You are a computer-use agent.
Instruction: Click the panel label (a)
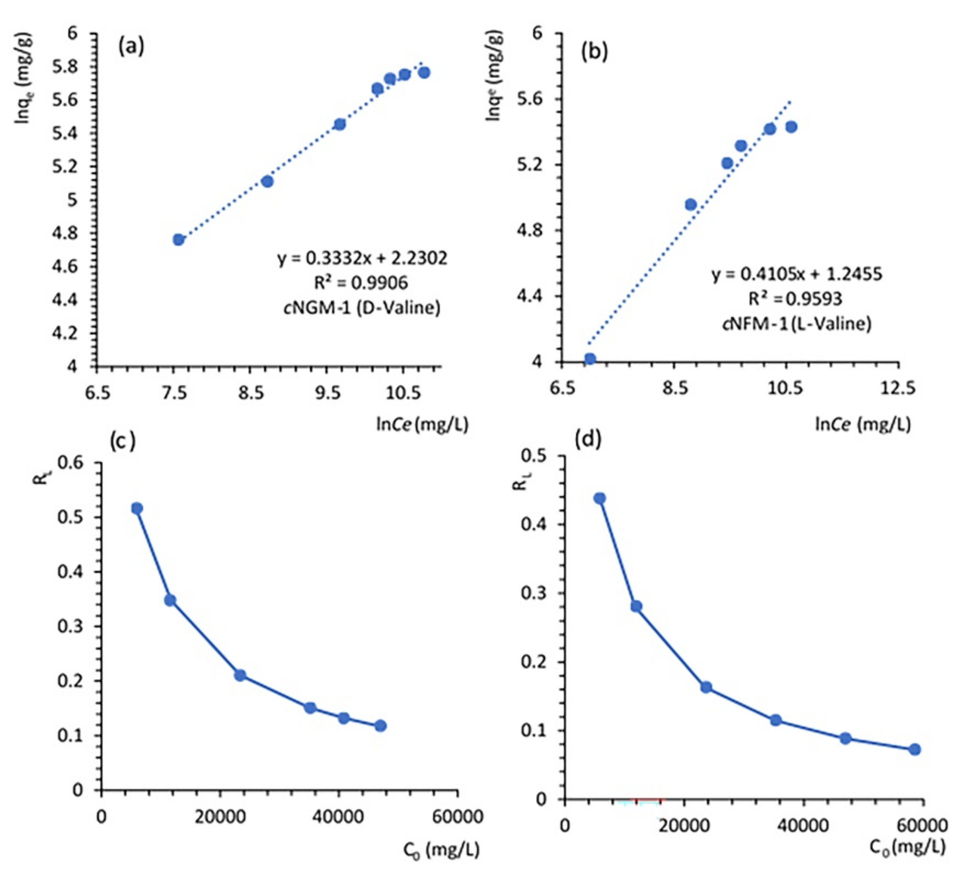coord(131,47)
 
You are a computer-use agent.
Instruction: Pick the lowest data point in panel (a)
coord(179,239)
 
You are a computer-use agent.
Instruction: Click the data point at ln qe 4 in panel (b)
coord(590,359)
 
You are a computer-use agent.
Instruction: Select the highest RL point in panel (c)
coord(137,508)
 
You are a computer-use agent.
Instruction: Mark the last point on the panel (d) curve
coord(914,749)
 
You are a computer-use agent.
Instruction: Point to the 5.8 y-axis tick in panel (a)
coord(65,67)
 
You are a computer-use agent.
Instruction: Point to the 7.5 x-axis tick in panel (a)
coord(174,393)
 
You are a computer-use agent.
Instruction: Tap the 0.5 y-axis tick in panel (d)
coord(534,455)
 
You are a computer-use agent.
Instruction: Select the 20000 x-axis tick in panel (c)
coord(220,817)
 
